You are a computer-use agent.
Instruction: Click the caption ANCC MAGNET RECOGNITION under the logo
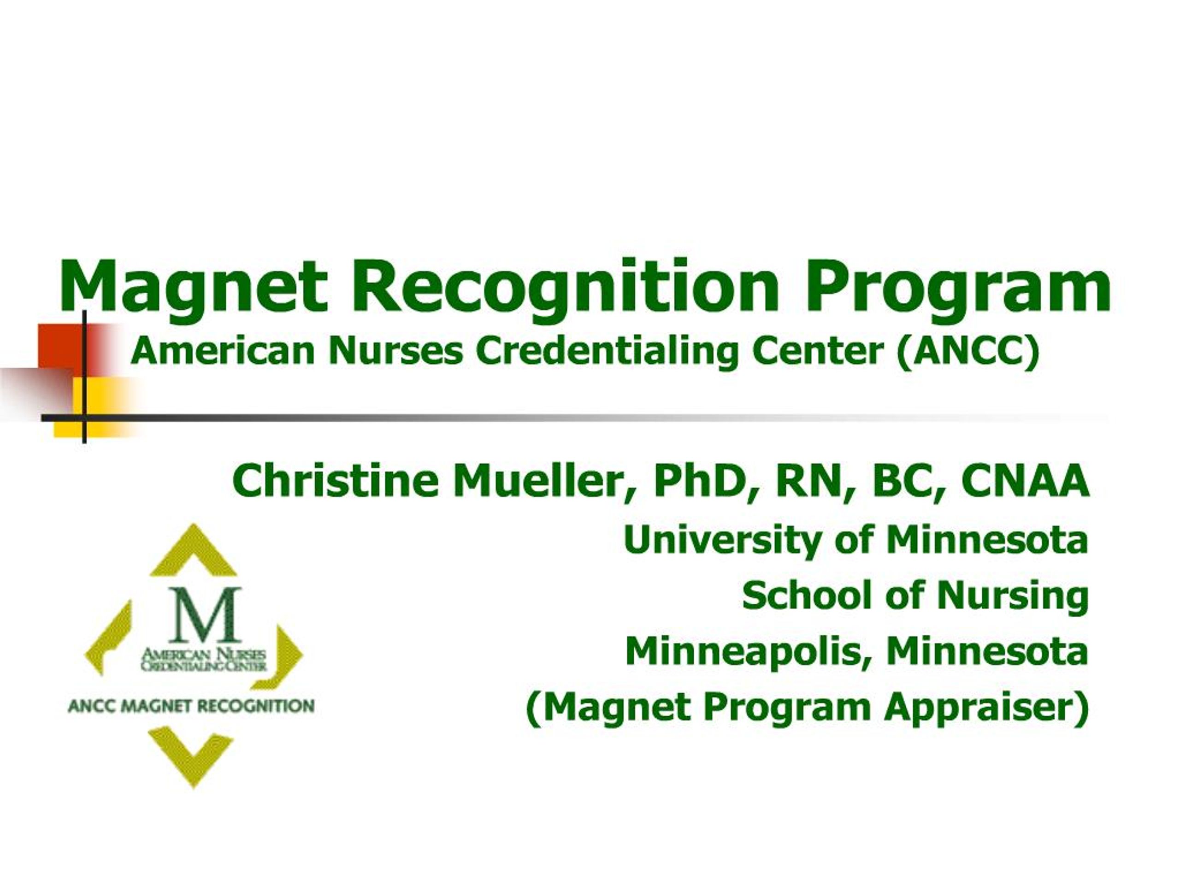(191, 706)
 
